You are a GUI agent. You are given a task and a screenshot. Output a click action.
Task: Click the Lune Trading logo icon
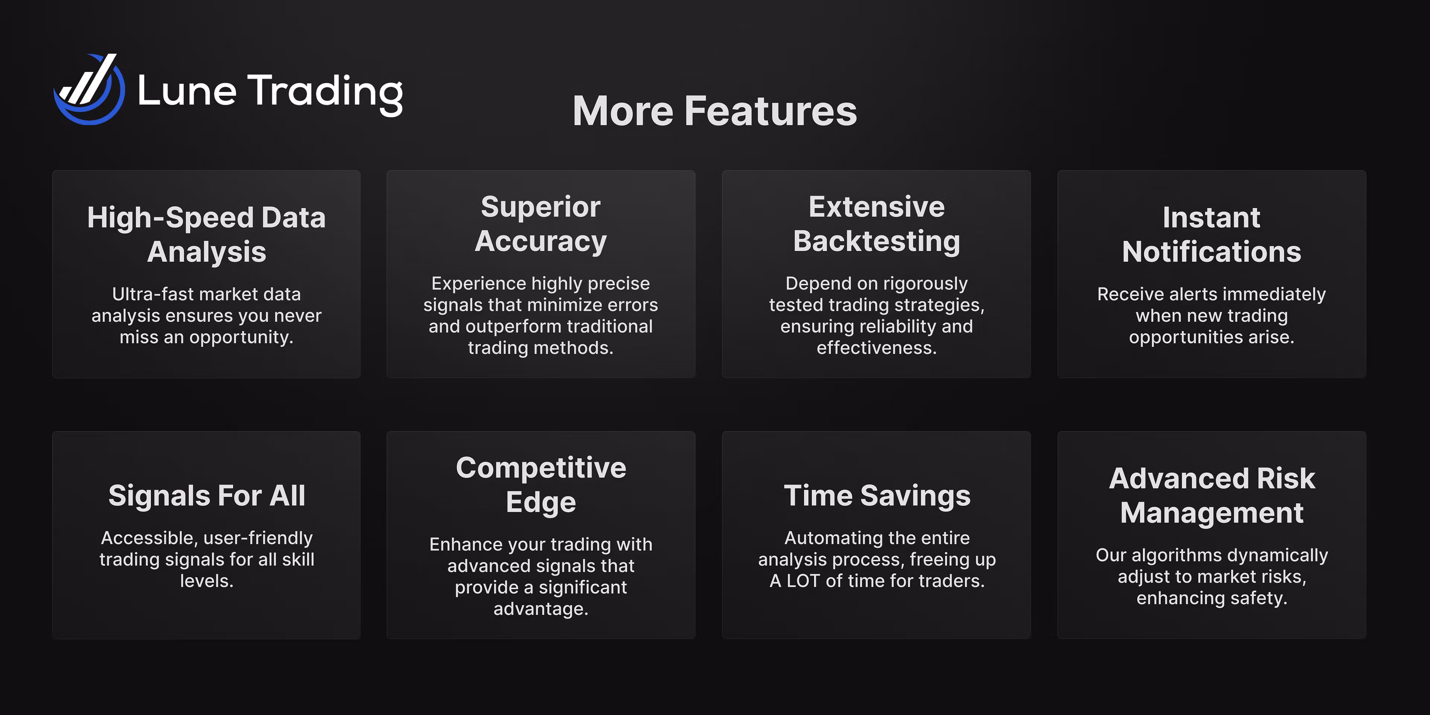point(89,90)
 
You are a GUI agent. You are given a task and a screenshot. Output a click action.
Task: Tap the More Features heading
point(715,111)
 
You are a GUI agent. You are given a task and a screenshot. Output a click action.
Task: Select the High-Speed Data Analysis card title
point(207,234)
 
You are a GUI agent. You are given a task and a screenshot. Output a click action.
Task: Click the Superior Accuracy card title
point(541,224)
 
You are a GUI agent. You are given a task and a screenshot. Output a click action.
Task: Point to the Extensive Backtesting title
point(877,224)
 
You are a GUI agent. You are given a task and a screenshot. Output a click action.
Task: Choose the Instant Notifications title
point(1211,234)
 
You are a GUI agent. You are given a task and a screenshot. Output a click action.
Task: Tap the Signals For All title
point(207,495)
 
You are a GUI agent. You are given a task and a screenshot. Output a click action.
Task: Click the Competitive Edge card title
point(541,484)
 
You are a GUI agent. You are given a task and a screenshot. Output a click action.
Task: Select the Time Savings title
point(877,495)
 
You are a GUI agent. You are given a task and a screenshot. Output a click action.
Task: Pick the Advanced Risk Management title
point(1212,495)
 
